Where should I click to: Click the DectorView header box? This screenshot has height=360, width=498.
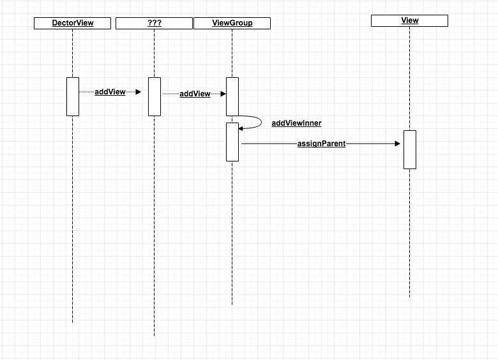[73, 23]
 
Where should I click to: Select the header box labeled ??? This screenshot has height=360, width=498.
[154, 24]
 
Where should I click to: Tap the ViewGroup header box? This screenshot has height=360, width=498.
[232, 24]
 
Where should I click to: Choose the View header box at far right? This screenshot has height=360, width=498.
[409, 20]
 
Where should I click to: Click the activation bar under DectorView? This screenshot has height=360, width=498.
[73, 96]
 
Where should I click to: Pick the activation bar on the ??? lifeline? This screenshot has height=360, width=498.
[155, 96]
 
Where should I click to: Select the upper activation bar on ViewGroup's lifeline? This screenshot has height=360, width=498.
[232, 96]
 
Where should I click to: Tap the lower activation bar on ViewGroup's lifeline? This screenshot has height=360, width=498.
[232, 142]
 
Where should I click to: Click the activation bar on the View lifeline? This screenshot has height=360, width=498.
[409, 149]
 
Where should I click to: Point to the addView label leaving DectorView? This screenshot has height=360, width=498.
[110, 92]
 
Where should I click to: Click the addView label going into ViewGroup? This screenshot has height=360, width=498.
[195, 94]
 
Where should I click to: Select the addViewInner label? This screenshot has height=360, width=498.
[296, 123]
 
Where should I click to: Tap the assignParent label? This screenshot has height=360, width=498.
[321, 144]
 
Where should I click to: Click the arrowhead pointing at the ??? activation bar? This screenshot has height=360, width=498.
[138, 92]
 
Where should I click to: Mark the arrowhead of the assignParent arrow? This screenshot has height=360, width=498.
[398, 144]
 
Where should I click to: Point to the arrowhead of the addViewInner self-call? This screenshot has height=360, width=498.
[241, 128]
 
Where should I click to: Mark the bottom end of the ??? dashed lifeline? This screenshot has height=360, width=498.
[154, 334]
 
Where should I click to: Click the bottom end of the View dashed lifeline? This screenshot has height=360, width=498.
[409, 297]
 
